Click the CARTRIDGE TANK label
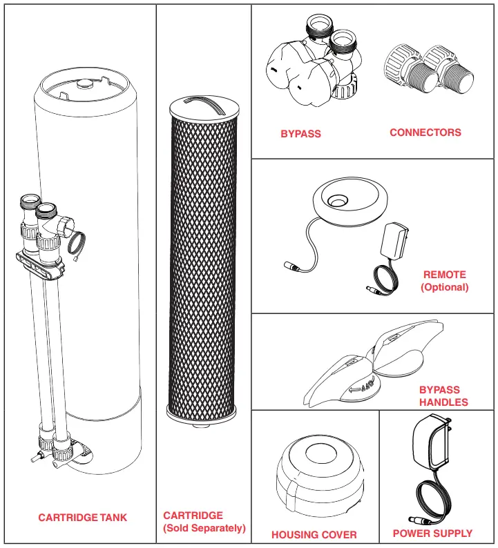click(83, 518)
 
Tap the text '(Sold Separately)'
click(204, 529)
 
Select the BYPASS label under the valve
click(300, 134)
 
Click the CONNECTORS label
click(425, 133)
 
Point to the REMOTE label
click(444, 274)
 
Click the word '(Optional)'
click(444, 287)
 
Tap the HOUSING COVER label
click(314, 535)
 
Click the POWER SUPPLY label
click(432, 534)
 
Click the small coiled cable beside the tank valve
click(77, 244)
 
